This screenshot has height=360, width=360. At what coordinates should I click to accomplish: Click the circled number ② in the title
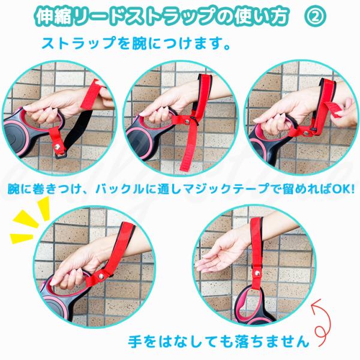(315, 16)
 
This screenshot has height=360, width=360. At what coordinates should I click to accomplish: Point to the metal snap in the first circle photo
(57, 146)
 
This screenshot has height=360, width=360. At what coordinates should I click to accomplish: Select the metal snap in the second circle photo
(187, 121)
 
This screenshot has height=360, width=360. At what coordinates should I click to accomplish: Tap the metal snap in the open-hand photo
(257, 273)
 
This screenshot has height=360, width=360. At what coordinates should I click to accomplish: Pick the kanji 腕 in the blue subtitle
(139, 43)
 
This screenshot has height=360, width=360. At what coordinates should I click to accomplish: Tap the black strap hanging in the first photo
(77, 131)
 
